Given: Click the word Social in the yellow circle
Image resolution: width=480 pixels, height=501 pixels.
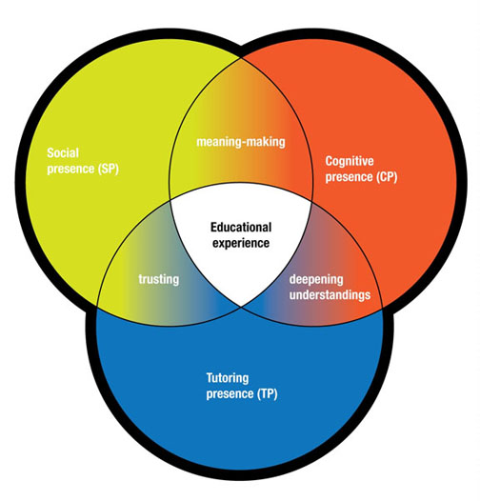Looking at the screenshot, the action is coord(63,152).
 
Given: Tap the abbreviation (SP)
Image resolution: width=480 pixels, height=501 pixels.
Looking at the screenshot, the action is coord(108,169).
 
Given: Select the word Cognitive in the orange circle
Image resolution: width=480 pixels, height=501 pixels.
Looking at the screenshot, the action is coord(350,161).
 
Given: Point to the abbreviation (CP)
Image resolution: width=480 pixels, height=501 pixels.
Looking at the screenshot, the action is coord(387,177).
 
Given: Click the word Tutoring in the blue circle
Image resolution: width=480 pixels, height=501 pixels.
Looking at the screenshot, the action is coord(228,378).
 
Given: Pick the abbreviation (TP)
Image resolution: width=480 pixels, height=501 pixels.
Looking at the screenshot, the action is coord(268,393).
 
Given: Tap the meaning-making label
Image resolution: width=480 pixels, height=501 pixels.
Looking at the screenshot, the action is coord(241,142).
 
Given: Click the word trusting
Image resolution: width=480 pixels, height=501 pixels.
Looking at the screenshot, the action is coord(159,279).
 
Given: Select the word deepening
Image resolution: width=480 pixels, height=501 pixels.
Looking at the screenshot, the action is coord(316,280).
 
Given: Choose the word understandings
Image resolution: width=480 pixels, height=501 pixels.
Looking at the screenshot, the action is coord(330,295).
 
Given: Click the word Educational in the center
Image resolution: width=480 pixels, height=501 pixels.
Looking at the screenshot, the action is coord(241,228).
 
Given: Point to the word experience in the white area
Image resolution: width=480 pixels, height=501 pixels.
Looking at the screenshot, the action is coord(241,243).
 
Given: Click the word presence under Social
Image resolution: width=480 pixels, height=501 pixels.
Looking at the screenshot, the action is coord(70,169).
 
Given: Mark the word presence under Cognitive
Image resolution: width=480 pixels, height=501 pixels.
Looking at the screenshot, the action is coord(349,177).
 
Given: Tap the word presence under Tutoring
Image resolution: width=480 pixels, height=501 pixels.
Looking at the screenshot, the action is coord(230,394).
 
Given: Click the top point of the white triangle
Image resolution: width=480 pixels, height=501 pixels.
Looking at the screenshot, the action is coord(241,183).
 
